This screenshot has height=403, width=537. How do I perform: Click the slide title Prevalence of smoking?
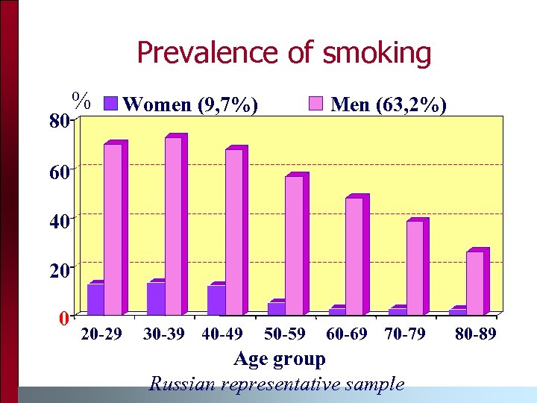click(x=284, y=53)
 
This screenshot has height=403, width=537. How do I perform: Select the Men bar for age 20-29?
click(x=113, y=228)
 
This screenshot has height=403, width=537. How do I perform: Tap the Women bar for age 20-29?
click(x=95, y=299)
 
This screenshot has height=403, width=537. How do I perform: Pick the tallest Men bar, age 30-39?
click(x=173, y=225)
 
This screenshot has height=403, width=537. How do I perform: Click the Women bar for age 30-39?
click(x=156, y=298)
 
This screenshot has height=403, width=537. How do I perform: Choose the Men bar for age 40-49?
click(x=233, y=231)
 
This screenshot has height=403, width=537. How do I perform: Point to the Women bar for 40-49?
click(x=216, y=299)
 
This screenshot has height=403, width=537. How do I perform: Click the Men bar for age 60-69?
click(x=354, y=256)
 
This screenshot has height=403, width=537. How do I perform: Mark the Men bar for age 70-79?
click(x=415, y=267)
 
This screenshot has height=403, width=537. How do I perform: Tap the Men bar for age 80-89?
click(x=475, y=282)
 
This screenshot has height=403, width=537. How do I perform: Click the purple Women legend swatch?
click(x=109, y=104)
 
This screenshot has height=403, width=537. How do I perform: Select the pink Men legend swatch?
click(x=316, y=104)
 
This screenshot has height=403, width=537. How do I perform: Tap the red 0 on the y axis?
click(x=64, y=319)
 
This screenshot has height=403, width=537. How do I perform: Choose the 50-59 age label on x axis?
click(x=285, y=334)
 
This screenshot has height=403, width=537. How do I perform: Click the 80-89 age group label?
click(x=475, y=334)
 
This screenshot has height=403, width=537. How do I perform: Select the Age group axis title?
click(x=280, y=359)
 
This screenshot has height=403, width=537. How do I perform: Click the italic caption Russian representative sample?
click(x=277, y=384)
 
